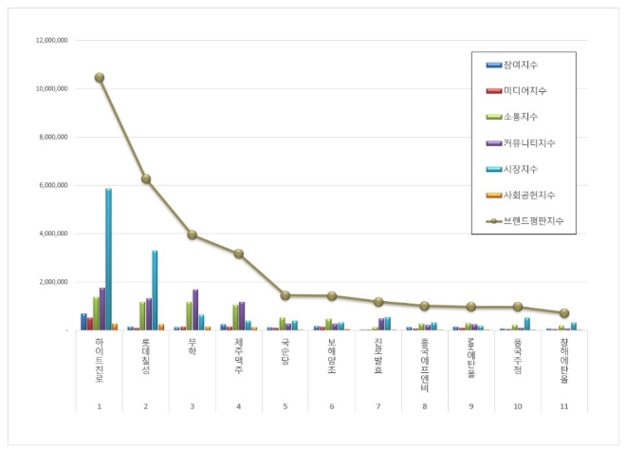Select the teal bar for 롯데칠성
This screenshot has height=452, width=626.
[155, 290]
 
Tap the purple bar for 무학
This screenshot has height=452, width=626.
[195, 310]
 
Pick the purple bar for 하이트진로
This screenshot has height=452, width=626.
[102, 309]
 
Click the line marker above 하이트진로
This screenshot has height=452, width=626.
[100, 78]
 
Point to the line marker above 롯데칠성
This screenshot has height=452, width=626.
[146, 179]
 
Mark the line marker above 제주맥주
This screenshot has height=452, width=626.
[239, 254]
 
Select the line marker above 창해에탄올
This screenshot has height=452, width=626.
[564, 312]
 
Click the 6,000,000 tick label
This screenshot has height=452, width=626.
[51, 185]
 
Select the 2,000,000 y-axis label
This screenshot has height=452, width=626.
[51, 282]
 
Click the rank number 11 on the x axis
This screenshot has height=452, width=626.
[564, 405]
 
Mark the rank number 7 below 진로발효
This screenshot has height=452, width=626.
[378, 405]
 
